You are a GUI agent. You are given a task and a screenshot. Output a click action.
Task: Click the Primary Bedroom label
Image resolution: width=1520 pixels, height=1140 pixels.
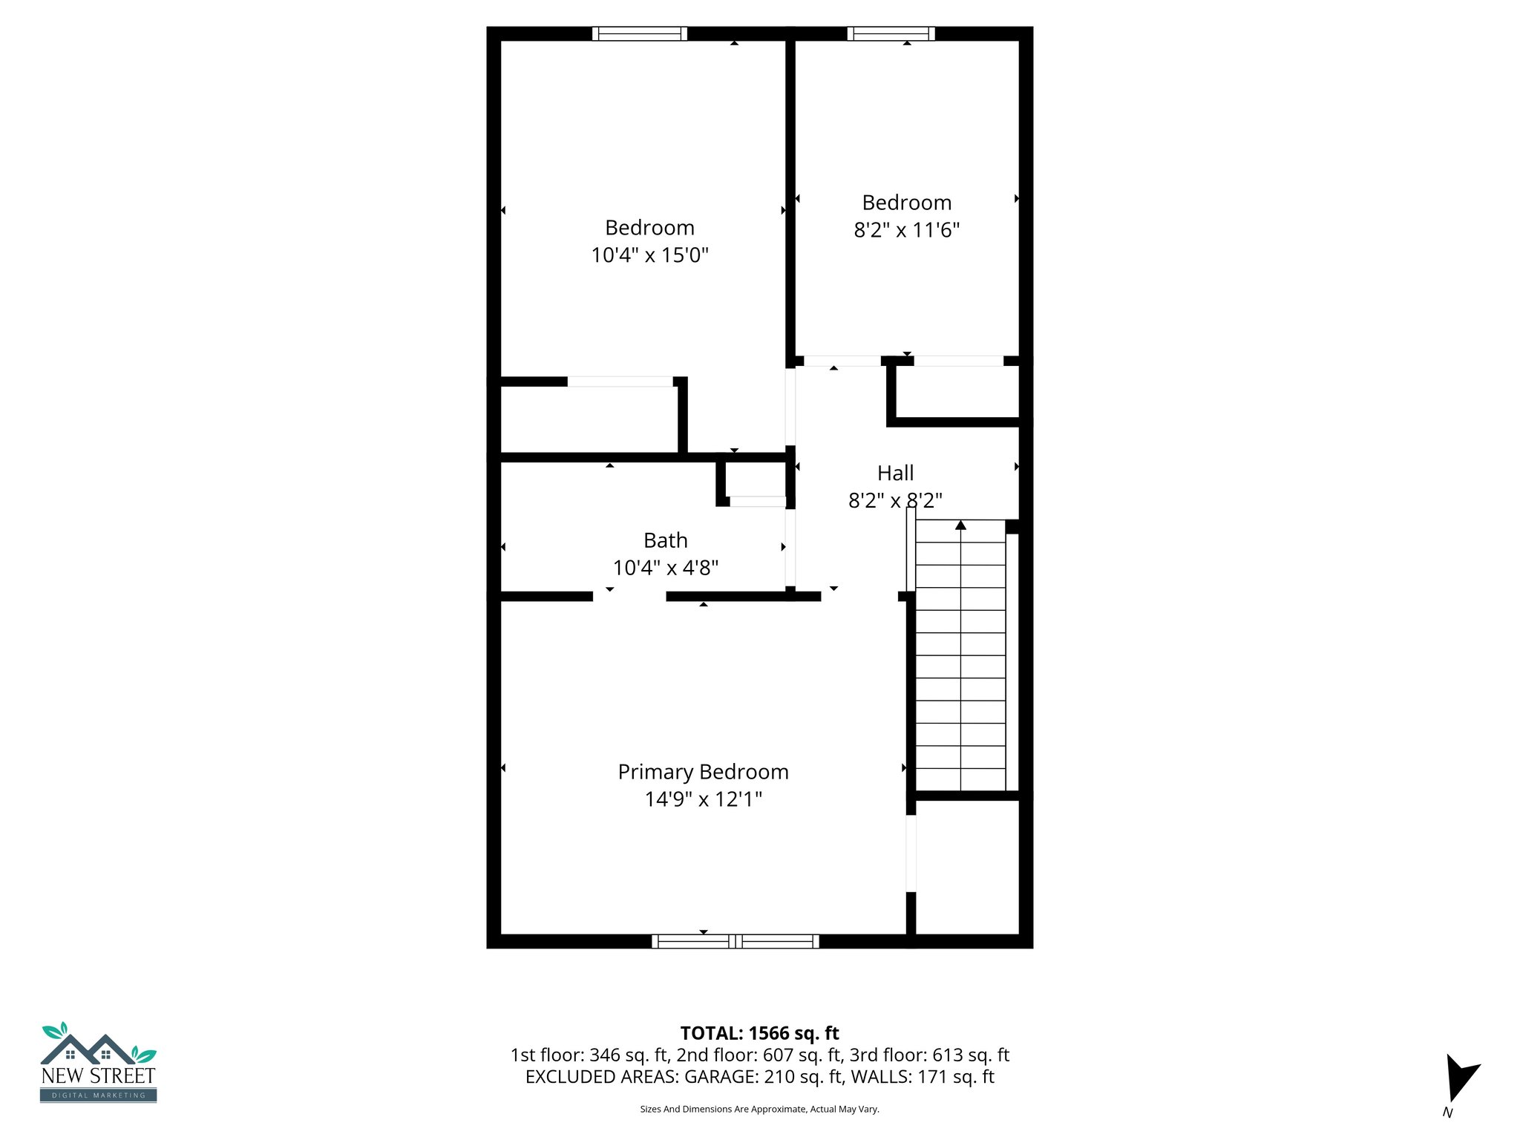(703, 772)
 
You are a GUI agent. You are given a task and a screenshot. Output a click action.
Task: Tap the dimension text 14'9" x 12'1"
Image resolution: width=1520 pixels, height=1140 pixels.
(703, 799)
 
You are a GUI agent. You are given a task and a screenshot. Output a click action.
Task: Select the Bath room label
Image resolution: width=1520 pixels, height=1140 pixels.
(665, 540)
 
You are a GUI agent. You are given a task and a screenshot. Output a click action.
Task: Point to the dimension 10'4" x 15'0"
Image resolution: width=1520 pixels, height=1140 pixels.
(649, 255)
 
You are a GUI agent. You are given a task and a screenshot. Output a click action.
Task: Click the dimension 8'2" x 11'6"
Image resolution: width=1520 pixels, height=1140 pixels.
(906, 230)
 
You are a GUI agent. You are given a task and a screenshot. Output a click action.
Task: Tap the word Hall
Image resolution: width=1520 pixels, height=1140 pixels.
(895, 473)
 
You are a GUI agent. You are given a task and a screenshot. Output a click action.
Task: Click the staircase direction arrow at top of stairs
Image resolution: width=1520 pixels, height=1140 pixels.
(960, 525)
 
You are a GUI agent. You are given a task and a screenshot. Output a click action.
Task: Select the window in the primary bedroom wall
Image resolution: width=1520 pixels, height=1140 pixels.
(735, 941)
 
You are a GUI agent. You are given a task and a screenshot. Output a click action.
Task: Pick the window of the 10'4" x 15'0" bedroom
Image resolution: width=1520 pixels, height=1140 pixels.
(639, 33)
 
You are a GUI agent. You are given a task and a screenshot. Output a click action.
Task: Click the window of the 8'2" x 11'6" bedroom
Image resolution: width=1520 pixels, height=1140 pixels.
(891, 33)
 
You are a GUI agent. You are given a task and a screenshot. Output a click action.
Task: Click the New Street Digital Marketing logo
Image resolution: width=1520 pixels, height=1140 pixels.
(98, 1063)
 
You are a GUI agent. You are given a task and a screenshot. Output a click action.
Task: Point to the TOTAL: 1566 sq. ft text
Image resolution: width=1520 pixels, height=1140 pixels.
(759, 1033)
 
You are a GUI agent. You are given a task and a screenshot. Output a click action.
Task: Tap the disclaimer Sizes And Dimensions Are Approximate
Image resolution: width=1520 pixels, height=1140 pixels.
(759, 1109)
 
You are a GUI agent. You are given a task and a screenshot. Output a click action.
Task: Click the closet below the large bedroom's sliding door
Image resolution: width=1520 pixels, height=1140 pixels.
(589, 419)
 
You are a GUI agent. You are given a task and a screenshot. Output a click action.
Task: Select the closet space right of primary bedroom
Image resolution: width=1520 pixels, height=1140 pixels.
(967, 867)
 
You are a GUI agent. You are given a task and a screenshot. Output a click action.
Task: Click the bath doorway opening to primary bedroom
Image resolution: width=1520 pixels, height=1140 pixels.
(629, 596)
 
